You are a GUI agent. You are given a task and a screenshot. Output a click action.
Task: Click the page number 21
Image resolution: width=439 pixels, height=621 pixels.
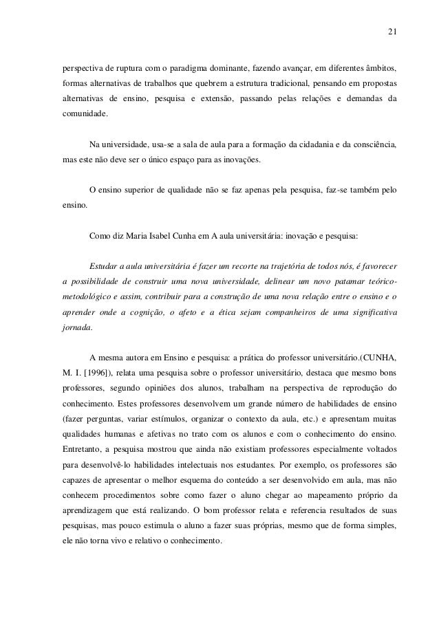pos(392,31)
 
